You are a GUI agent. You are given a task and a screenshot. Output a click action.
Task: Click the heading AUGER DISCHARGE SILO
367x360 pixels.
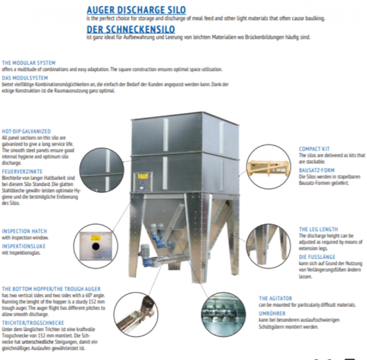tap(136, 10)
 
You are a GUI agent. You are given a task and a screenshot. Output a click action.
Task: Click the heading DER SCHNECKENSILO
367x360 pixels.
tap(131, 29)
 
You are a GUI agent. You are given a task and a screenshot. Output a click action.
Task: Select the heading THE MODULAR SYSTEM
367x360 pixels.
tap(29, 63)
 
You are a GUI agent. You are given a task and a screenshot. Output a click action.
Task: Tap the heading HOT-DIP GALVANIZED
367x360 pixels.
tap(26, 131)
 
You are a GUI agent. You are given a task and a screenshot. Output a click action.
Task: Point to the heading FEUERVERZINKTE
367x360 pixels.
tap(22, 171)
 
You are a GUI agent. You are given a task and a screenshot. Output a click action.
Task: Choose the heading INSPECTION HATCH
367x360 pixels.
tap(24, 231)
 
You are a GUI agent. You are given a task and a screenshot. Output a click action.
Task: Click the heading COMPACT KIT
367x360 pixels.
tap(314, 149)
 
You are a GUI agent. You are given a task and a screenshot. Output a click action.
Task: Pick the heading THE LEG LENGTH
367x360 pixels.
tap(318, 229)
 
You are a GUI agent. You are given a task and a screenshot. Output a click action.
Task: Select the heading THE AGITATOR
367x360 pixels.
tap(275, 298)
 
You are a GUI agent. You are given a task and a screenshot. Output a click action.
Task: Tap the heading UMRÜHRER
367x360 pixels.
tap(272, 313)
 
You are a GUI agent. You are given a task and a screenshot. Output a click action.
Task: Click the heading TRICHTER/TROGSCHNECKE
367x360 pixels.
tap(33, 322)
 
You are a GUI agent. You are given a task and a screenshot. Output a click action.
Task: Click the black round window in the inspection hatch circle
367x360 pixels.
tap(95, 247)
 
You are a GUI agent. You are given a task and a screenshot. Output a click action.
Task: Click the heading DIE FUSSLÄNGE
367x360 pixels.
tap(317, 257)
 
